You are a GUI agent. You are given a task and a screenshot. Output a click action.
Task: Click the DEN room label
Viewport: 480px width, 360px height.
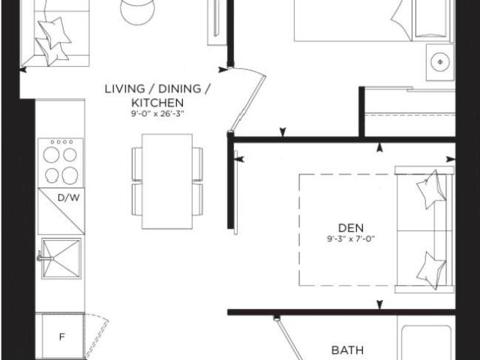coord(351,228)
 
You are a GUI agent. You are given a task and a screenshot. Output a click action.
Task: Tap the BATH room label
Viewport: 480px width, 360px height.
coord(347,350)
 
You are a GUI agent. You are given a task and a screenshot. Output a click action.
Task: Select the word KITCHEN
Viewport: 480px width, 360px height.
coord(157,103)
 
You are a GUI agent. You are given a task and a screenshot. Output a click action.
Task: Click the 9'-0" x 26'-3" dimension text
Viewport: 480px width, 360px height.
coord(157,114)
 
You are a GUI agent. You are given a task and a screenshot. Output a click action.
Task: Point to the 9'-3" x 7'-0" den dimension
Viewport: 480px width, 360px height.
coord(351,238)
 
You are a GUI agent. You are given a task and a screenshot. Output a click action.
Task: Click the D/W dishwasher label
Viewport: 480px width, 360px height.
coord(68,198)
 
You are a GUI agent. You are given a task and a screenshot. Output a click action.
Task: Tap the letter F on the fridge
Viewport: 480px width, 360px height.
coord(61,337)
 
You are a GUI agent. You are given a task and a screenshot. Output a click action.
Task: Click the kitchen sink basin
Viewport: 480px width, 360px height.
coord(61,259)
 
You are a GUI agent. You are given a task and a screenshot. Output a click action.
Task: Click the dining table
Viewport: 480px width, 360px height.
coord(167,181)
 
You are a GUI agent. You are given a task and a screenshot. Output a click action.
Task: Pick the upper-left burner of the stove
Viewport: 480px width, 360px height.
coord(51,154)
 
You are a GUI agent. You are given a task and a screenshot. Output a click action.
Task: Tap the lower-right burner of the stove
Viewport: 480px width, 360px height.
coord(70,175)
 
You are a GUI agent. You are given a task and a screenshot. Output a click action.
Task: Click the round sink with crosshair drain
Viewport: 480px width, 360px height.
coord(440,62)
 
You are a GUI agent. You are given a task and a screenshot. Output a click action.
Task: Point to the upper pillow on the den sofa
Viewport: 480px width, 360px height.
coord(431,189)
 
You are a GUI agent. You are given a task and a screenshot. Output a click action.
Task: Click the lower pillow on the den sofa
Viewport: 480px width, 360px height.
coord(432,270)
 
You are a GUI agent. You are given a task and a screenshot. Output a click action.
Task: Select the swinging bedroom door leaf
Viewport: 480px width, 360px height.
coord(248,102)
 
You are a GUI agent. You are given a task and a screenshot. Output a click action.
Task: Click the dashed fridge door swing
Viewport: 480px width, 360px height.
coord(98,337)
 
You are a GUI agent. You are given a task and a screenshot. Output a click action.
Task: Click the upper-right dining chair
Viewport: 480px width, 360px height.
coord(198,164)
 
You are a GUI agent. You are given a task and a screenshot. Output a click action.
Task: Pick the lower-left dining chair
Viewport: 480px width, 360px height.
coord(136,199)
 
